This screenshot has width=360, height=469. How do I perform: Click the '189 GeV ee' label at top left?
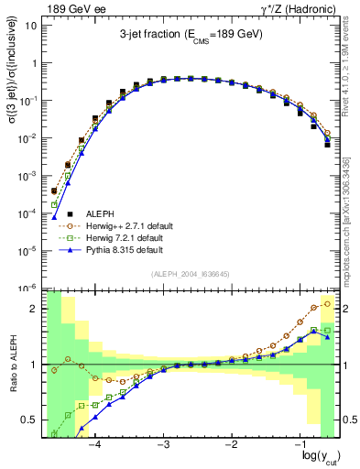click(x=71, y=8)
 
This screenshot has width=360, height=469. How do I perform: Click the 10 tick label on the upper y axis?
click(x=31, y=25)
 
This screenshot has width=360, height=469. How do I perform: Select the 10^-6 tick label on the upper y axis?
click(x=28, y=288)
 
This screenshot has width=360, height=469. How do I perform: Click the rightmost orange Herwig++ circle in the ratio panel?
click(x=328, y=303)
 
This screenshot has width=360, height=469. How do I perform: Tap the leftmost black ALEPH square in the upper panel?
click(x=53, y=191)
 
